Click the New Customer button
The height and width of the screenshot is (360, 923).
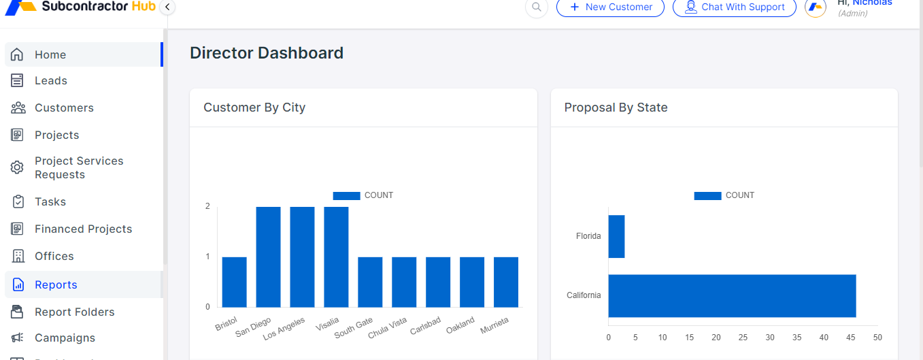pos(610,7)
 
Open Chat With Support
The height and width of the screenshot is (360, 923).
pos(734,7)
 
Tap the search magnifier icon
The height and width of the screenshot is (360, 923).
pos(537,7)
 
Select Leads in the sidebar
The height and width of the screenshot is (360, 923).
pos(51,81)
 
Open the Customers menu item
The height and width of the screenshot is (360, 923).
pos(64,108)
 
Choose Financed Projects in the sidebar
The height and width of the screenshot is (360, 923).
pos(83,229)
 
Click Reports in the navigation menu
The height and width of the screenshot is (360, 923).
pos(56,285)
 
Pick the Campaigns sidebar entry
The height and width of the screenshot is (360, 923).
pos(65,338)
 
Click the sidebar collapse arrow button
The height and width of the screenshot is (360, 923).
pos(167,7)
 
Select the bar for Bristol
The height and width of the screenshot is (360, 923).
pos(234,282)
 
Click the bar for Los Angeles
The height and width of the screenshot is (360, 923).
pos(302,257)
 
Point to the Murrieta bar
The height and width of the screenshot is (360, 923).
pos(505,282)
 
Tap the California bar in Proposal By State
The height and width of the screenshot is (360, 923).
pos(732,295)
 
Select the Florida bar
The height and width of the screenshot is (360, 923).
pos(616,236)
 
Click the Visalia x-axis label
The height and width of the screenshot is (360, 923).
pos(327,325)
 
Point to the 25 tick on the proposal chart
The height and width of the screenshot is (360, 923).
pos(743,338)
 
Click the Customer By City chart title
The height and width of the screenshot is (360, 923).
pos(254,108)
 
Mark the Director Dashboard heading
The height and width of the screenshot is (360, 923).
pos(267,53)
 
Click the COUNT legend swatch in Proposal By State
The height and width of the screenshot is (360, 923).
pos(707,195)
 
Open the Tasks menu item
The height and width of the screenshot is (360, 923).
pos(50,202)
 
